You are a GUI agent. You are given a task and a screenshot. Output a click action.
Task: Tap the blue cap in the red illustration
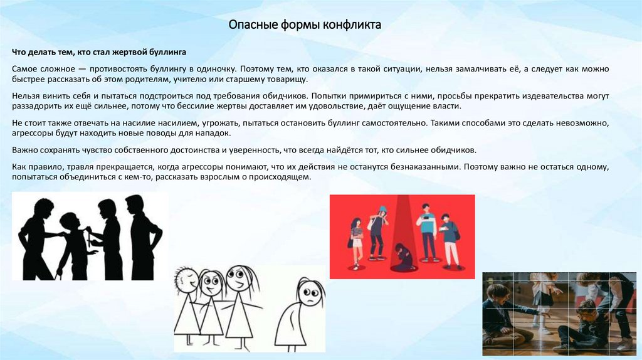click(382, 209)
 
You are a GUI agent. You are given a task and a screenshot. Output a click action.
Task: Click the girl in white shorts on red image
click(357, 241)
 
